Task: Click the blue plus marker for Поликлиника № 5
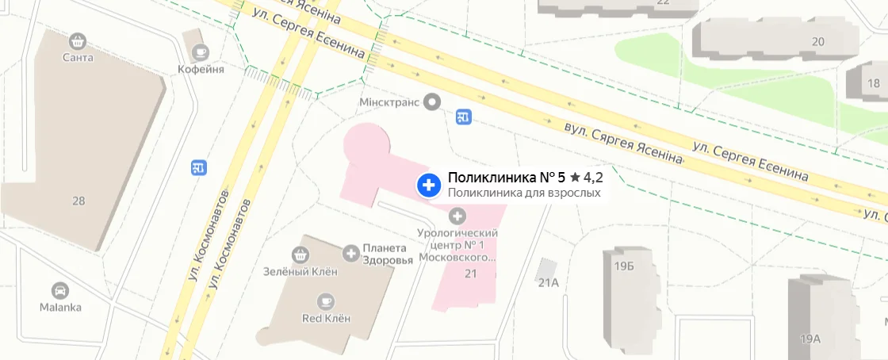[x=429, y=186]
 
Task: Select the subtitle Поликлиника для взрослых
[x=524, y=193]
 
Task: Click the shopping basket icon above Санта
[x=78, y=40]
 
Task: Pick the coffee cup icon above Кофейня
[x=201, y=52]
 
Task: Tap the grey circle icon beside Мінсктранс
[x=432, y=101]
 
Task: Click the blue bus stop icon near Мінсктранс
[x=465, y=117]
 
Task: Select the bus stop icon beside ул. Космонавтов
[x=199, y=167]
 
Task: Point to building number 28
[x=78, y=201]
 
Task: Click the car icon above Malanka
[x=59, y=290]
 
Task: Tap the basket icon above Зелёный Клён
[x=300, y=255]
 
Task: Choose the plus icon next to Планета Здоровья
[x=350, y=253]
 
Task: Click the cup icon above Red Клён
[x=325, y=301]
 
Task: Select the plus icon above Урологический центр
[x=457, y=216]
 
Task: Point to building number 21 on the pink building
[x=470, y=274]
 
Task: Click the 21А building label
[x=549, y=282]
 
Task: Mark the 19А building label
[x=810, y=339]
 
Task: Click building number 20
[x=818, y=41]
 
